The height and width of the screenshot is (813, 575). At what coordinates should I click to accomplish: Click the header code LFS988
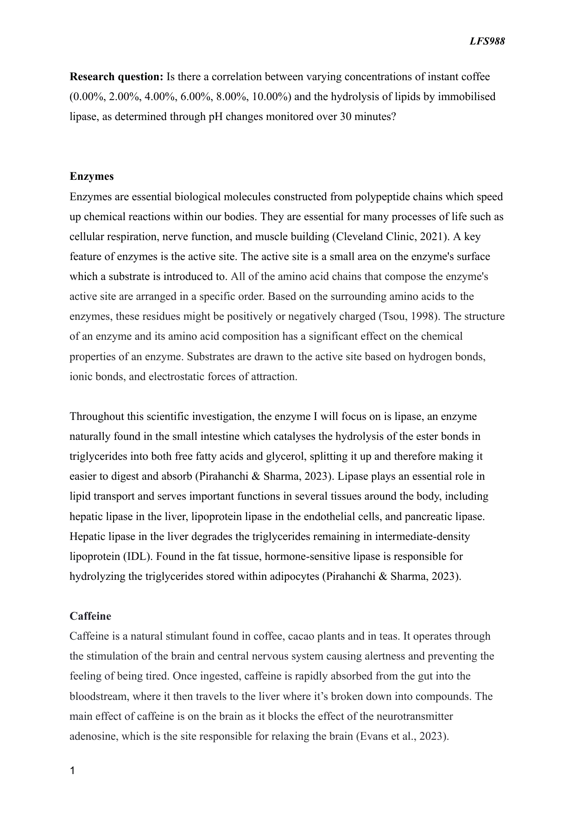coord(487,41)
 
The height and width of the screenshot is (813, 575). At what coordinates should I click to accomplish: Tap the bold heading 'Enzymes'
coord(92,177)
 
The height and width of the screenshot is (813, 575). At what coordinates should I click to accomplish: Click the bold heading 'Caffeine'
coord(90,616)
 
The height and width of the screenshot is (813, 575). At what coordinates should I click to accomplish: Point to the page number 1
coord(72,771)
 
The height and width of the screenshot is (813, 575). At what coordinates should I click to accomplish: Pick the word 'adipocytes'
coord(295,576)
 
